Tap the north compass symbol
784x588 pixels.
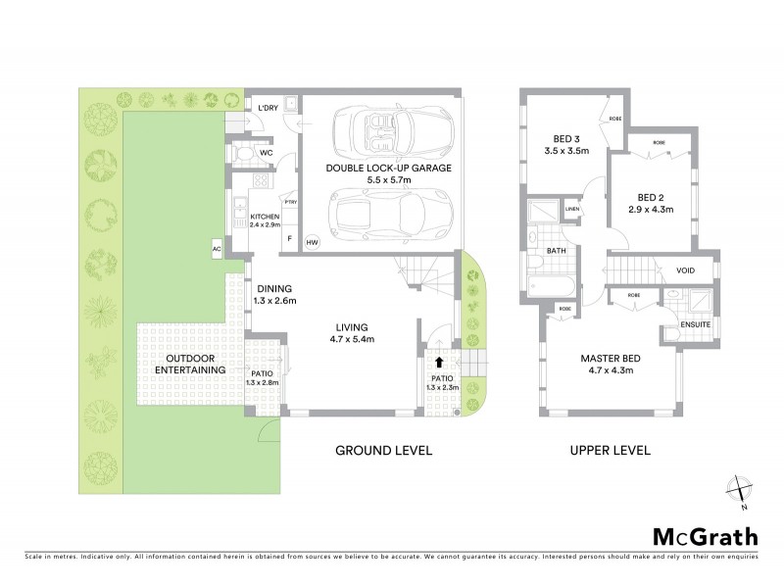[x=736, y=489]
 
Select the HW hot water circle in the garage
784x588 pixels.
[x=313, y=242]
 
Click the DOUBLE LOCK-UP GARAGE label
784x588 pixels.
[x=389, y=169]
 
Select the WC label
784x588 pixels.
[x=267, y=154]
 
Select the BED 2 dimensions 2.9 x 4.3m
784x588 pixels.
[x=651, y=208]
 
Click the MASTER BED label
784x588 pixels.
[x=609, y=358]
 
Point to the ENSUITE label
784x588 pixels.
[x=696, y=325]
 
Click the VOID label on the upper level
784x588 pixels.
[x=686, y=271]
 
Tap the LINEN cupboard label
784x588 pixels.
[x=572, y=209]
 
